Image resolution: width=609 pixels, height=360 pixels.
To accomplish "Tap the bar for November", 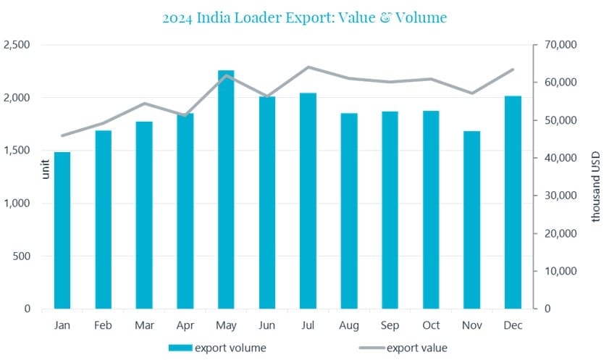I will [x=471, y=220].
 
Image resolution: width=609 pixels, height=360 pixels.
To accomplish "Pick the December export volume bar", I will [x=513, y=203].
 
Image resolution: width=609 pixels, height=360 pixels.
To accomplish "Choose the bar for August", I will [x=349, y=211].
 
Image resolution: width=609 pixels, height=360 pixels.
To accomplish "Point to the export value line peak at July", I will [x=308, y=67].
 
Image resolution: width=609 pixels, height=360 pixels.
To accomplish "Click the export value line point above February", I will [x=104, y=123].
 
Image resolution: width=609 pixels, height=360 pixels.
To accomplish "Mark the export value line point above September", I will [x=390, y=82].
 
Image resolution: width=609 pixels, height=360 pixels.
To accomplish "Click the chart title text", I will [x=304, y=17].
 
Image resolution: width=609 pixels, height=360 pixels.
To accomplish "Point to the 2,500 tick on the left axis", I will [x=17, y=45].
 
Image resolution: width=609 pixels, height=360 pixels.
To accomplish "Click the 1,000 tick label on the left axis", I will [x=17, y=204].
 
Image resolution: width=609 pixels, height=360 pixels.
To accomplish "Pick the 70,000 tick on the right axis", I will [x=559, y=45].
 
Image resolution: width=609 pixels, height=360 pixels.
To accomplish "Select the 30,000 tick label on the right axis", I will [x=559, y=196].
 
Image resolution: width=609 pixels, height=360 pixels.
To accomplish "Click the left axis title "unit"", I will [x=46, y=170].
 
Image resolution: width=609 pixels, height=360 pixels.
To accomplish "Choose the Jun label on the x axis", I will [x=267, y=325].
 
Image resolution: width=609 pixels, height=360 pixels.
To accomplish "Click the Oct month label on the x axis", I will [x=431, y=325].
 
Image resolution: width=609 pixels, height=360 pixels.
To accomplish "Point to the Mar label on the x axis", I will [x=144, y=325].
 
